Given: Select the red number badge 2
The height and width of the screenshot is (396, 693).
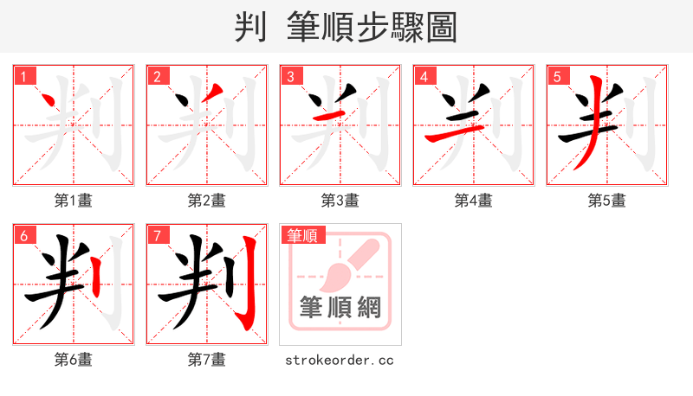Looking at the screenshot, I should click(x=157, y=77).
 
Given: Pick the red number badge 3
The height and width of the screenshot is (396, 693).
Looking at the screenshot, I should click(x=290, y=77).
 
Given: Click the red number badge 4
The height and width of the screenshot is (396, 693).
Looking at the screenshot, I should click(x=424, y=77).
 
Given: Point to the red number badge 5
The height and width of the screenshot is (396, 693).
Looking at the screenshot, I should click(x=557, y=77).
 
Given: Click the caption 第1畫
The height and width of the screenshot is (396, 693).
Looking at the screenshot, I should click(x=74, y=201).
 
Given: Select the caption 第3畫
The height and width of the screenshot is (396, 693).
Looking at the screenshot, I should click(x=340, y=201).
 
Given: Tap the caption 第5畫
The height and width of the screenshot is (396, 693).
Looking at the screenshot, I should click(x=607, y=201).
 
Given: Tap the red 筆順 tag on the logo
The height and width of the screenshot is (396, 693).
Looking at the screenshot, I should click(x=301, y=235).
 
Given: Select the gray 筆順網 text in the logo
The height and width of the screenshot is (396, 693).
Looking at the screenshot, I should click(x=340, y=308).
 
